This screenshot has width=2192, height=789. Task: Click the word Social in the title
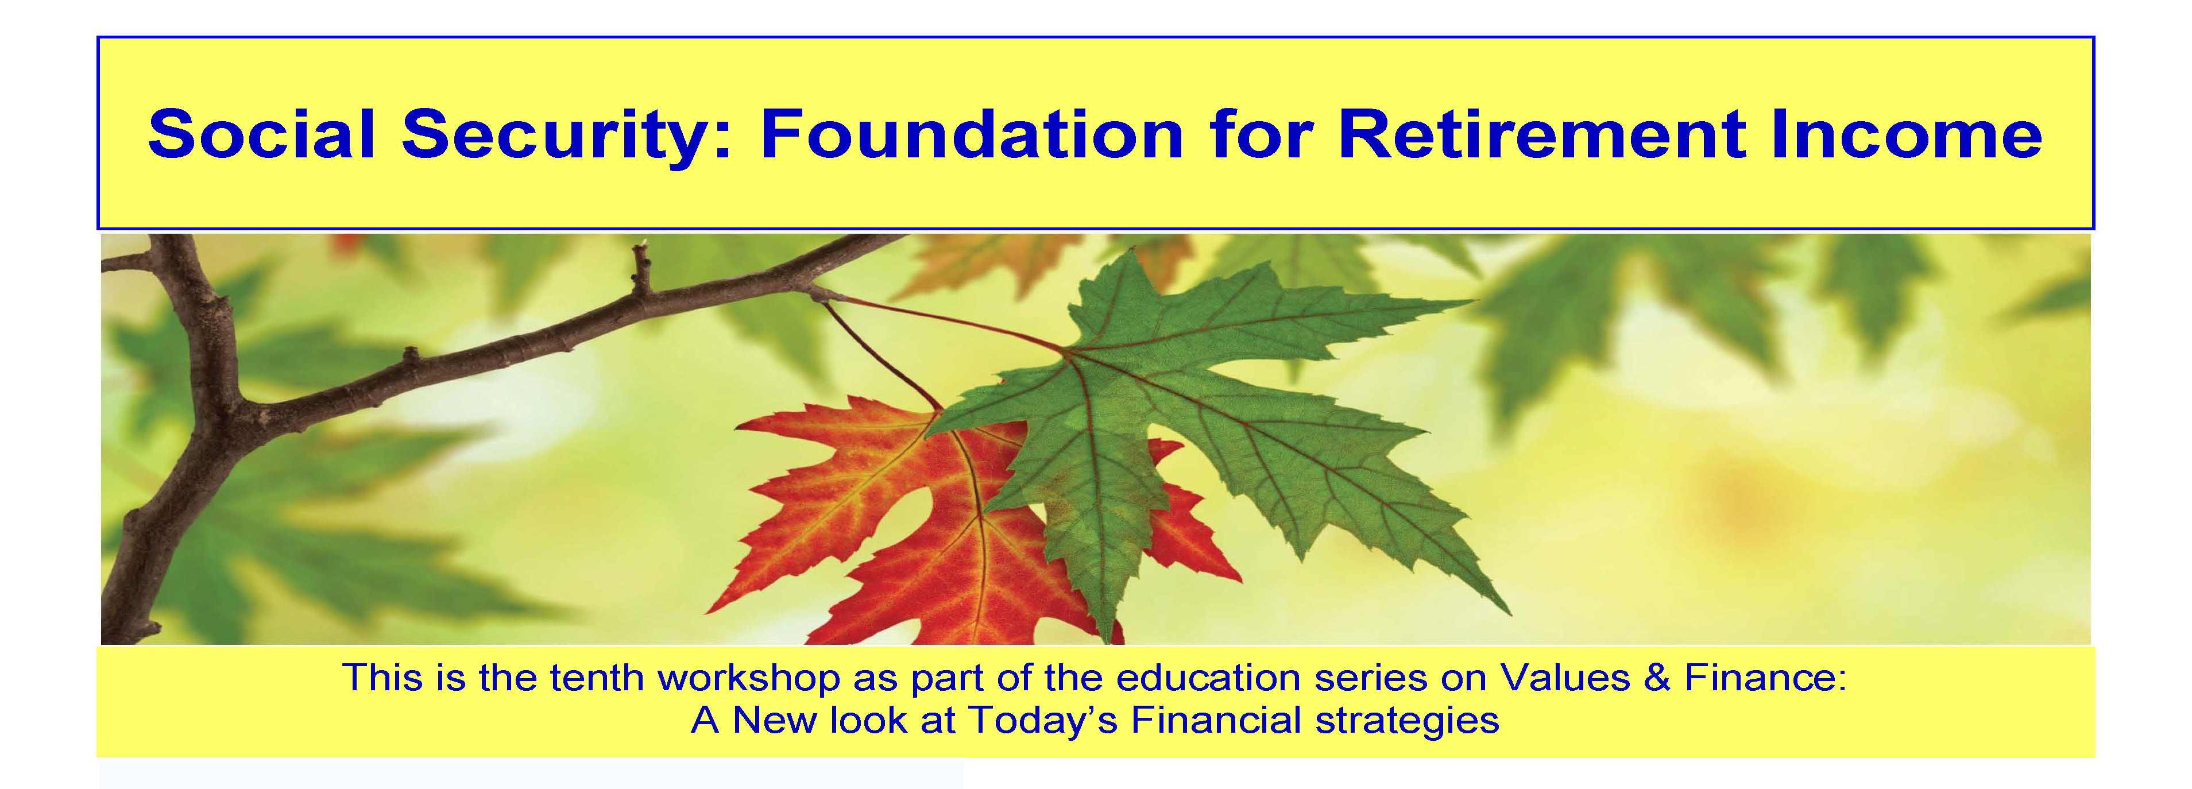[261, 134]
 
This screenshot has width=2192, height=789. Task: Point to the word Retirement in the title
[1542, 134]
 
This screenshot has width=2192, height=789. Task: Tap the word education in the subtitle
[1208, 678]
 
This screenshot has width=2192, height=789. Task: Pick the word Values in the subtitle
[1564, 678]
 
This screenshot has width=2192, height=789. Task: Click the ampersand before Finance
[1657, 678]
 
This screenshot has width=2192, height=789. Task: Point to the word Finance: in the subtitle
[1766, 678]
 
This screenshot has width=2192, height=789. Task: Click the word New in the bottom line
[775, 720]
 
